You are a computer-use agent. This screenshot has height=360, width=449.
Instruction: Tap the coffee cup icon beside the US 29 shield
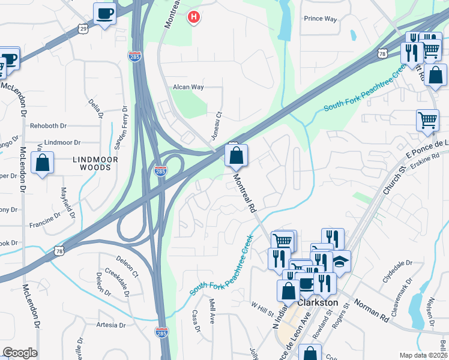point(104,13)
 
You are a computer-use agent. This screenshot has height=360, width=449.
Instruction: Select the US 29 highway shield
point(83,28)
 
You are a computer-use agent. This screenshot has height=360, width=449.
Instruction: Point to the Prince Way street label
point(320,19)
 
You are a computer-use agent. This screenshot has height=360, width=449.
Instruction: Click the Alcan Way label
point(188,87)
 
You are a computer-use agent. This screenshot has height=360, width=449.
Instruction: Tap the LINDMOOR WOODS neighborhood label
point(92,163)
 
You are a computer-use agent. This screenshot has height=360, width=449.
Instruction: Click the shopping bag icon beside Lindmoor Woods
point(43,163)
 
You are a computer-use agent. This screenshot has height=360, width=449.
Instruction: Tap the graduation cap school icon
point(340,262)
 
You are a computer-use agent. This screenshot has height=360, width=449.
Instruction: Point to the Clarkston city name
point(318,303)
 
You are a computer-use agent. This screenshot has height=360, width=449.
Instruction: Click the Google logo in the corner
point(20,353)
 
